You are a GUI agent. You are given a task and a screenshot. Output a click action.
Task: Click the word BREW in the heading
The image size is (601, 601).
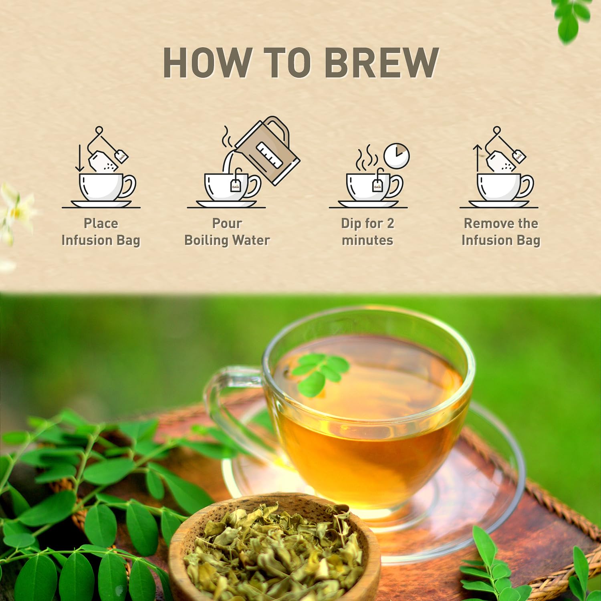click(x=382, y=63)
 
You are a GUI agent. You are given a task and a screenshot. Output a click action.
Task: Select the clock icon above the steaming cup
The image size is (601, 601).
click(x=396, y=156)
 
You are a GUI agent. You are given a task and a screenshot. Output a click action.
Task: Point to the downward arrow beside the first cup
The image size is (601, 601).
click(x=80, y=158)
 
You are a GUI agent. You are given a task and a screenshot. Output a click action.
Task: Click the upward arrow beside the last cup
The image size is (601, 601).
click(x=477, y=158)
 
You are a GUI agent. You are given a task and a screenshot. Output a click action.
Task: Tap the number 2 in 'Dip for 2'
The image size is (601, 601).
click(x=390, y=224)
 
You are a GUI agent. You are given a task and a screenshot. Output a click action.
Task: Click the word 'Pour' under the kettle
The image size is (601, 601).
click(x=227, y=224)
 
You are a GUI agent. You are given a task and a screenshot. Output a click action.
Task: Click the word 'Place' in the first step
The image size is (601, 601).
click(x=101, y=224)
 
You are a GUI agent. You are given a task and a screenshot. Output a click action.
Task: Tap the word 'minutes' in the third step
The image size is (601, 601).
click(x=367, y=240)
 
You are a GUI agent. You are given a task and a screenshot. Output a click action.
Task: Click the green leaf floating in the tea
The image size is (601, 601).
click(x=321, y=373)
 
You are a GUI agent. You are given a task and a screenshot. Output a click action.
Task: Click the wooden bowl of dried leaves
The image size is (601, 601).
click(x=274, y=549)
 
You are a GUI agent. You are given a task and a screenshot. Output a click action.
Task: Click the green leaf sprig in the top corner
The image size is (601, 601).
click(x=571, y=18)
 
